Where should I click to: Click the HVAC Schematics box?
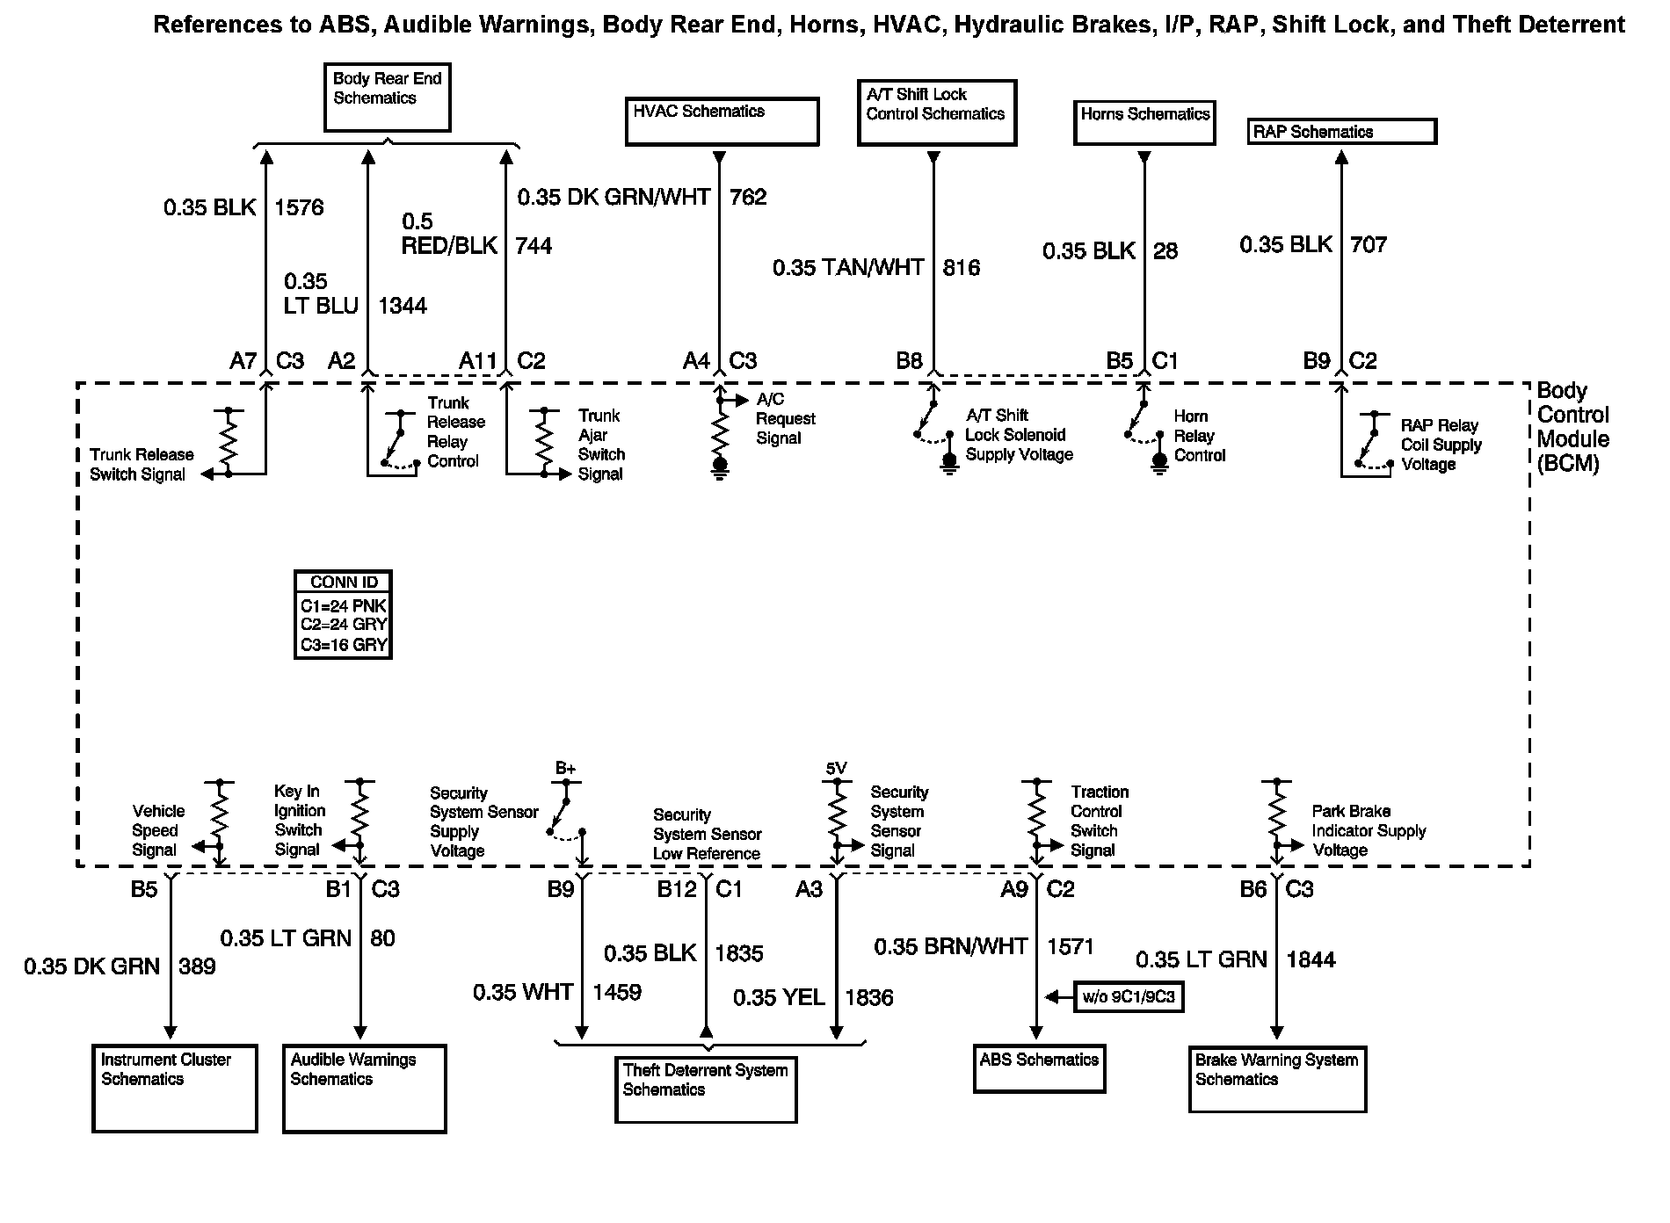722,121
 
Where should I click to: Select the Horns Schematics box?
1144,122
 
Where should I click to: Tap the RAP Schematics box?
1341,132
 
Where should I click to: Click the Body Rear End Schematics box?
387,97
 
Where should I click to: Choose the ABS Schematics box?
1039,1067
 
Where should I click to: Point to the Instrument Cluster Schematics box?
175,1088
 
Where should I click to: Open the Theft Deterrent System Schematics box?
706,1090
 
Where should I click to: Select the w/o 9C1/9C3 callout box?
1129,997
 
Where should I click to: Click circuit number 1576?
299,208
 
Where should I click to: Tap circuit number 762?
748,198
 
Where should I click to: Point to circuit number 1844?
1311,960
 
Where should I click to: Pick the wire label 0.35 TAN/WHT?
848,268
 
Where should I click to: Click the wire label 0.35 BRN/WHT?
950,947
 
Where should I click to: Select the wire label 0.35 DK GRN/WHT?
614,198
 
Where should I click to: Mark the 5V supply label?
836,769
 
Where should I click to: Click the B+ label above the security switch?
565,769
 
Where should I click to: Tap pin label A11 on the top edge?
478,361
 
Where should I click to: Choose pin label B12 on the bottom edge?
677,890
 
